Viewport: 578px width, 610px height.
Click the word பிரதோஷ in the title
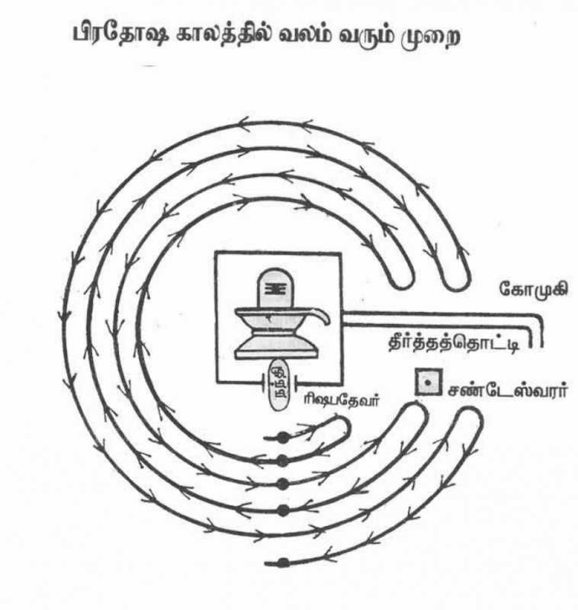pyautogui.click(x=120, y=35)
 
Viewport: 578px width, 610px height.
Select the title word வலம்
pyautogui.click(x=306, y=35)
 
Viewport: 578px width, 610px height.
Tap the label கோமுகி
pyautogui.click(x=533, y=289)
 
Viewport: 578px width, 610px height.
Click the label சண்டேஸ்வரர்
pyautogui.click(x=507, y=390)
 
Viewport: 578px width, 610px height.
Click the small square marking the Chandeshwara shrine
pyautogui.click(x=429, y=383)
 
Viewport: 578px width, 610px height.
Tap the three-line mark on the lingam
pyautogui.click(x=276, y=289)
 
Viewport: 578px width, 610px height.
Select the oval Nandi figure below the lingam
pyautogui.click(x=279, y=384)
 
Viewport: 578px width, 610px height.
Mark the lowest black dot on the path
pyautogui.click(x=283, y=563)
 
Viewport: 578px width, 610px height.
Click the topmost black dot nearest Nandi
pyautogui.click(x=283, y=437)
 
